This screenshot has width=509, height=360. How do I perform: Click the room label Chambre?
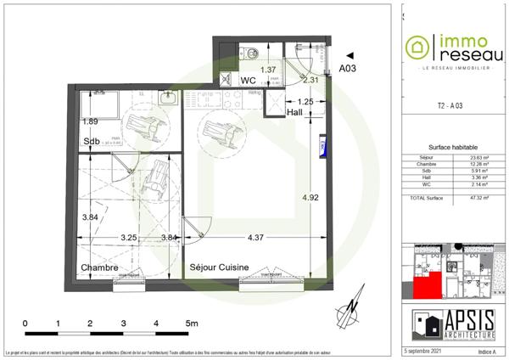pos(98,267)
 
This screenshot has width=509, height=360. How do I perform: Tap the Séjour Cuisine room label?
pos(219,267)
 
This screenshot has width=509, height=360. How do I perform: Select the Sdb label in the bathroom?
pos(92,141)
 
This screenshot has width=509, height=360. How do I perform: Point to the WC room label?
pos(249,81)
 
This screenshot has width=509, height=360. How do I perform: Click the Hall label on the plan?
pos(295,112)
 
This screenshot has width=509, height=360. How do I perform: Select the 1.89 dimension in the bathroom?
pos(90,121)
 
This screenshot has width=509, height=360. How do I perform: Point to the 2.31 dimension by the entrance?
pos(310,80)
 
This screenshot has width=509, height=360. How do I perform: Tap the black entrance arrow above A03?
pos(349,53)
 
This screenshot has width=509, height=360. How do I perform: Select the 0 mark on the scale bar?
pos(25,323)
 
